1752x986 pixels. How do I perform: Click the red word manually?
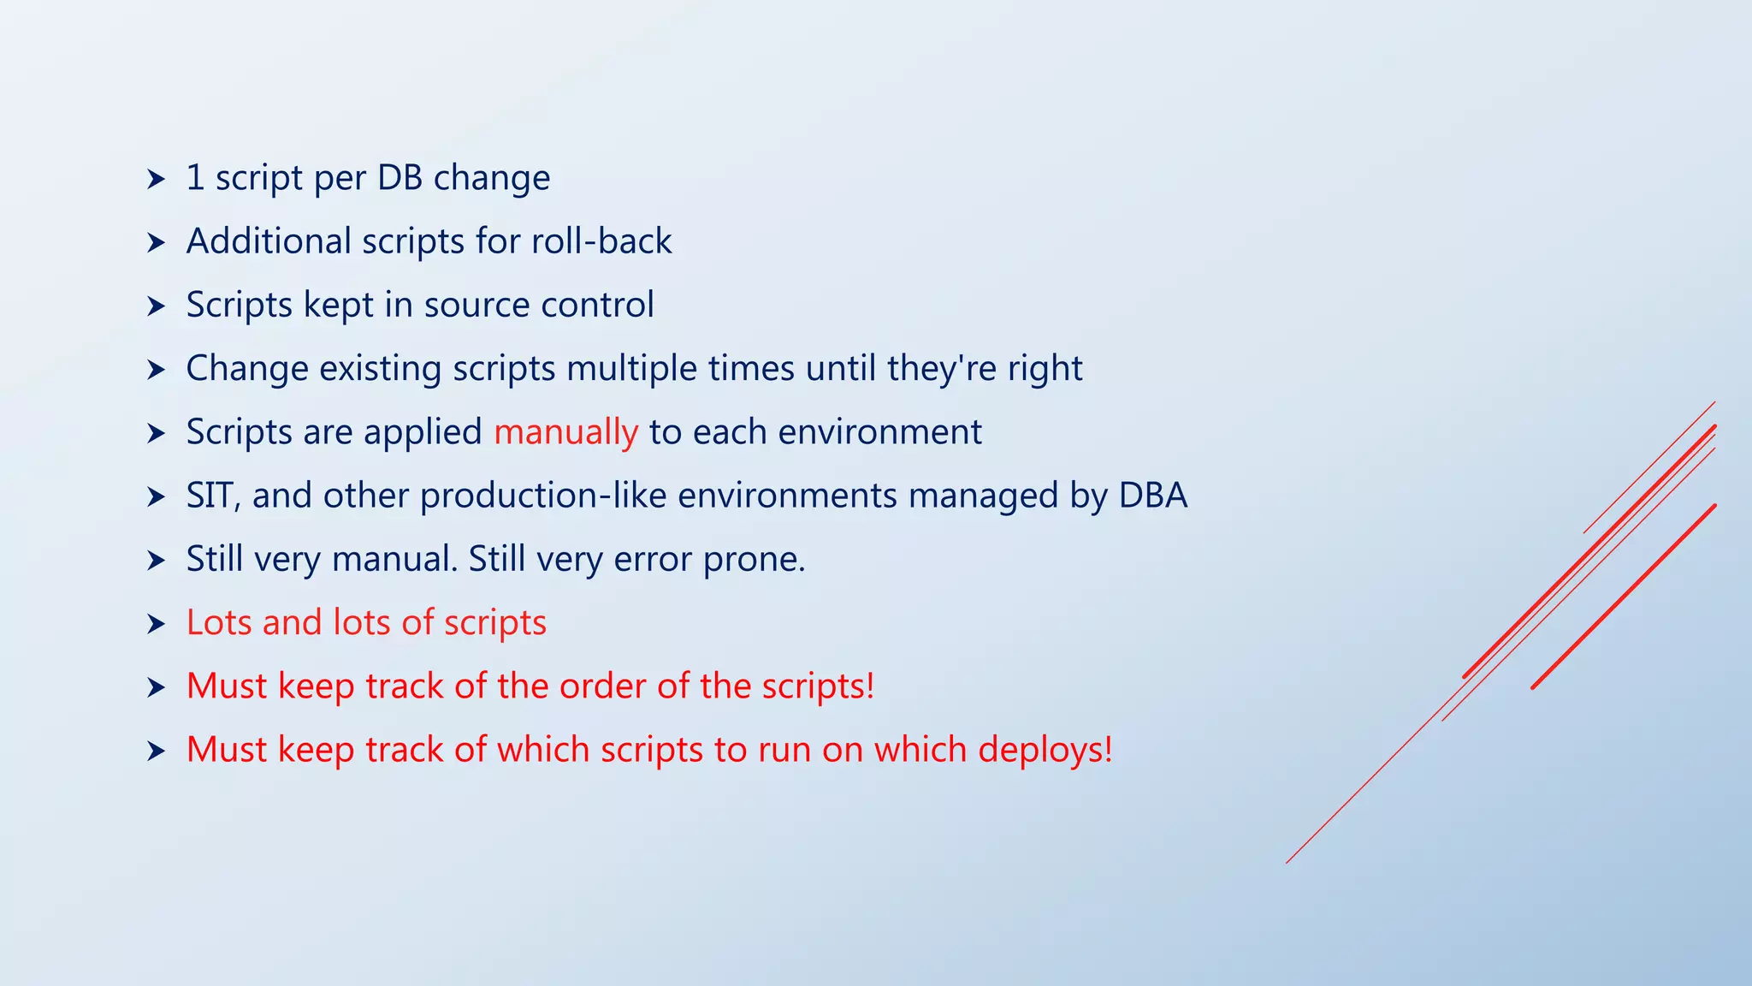click(x=565, y=432)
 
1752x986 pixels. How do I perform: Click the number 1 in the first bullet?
click(x=195, y=178)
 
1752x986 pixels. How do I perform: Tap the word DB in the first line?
click(x=400, y=178)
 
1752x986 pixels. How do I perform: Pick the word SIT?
click(x=210, y=496)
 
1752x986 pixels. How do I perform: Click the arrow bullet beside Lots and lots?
click(x=156, y=624)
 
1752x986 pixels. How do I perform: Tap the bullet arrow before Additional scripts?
click(x=156, y=243)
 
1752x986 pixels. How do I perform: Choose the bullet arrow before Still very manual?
click(x=156, y=561)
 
